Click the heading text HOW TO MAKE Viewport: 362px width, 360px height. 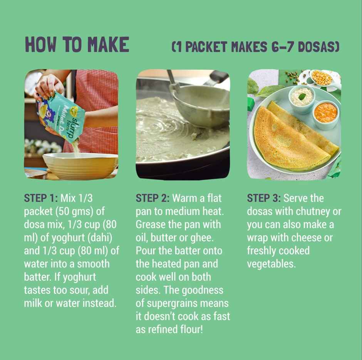click(77, 44)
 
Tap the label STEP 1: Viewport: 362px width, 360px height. click(41, 198)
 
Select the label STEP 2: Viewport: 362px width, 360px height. click(153, 198)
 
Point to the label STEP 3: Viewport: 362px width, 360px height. click(264, 198)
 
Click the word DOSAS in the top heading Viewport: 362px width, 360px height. click(318, 47)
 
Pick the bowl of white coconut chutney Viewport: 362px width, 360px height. click(302, 98)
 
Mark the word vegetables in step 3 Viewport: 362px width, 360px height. click(271, 264)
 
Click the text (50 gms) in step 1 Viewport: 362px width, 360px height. click(75, 212)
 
